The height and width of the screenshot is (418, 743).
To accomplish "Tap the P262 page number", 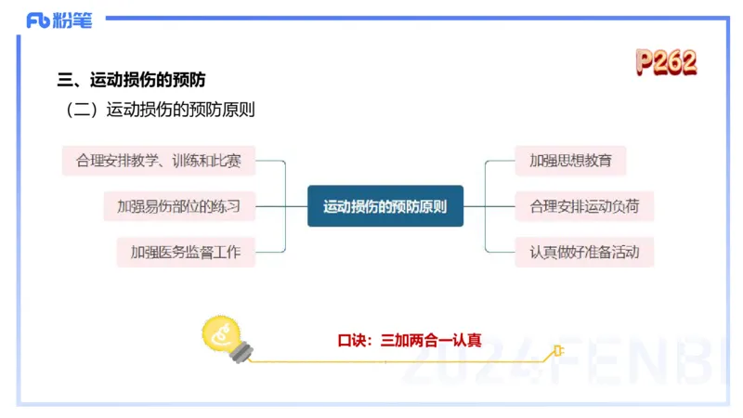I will [666, 62].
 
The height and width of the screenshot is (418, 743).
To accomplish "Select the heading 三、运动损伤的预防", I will [132, 80].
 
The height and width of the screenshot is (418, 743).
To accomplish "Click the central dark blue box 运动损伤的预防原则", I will [385, 206].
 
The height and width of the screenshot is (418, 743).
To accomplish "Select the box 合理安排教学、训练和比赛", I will [159, 161].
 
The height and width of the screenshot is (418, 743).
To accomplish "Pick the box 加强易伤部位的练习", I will [178, 206].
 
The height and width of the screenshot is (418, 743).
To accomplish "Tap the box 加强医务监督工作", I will [186, 252].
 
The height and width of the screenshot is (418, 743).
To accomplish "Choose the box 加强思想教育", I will [570, 161].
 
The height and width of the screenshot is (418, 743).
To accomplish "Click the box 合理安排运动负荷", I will [584, 206].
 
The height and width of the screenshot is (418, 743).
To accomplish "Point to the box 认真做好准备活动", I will [584, 252].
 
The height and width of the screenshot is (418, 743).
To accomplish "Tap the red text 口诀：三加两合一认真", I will [410, 340].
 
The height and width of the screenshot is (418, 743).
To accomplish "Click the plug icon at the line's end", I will [557, 351].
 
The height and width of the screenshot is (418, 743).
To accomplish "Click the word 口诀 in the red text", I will [350, 340].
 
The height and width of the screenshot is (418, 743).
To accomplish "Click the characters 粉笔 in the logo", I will [74, 20].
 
